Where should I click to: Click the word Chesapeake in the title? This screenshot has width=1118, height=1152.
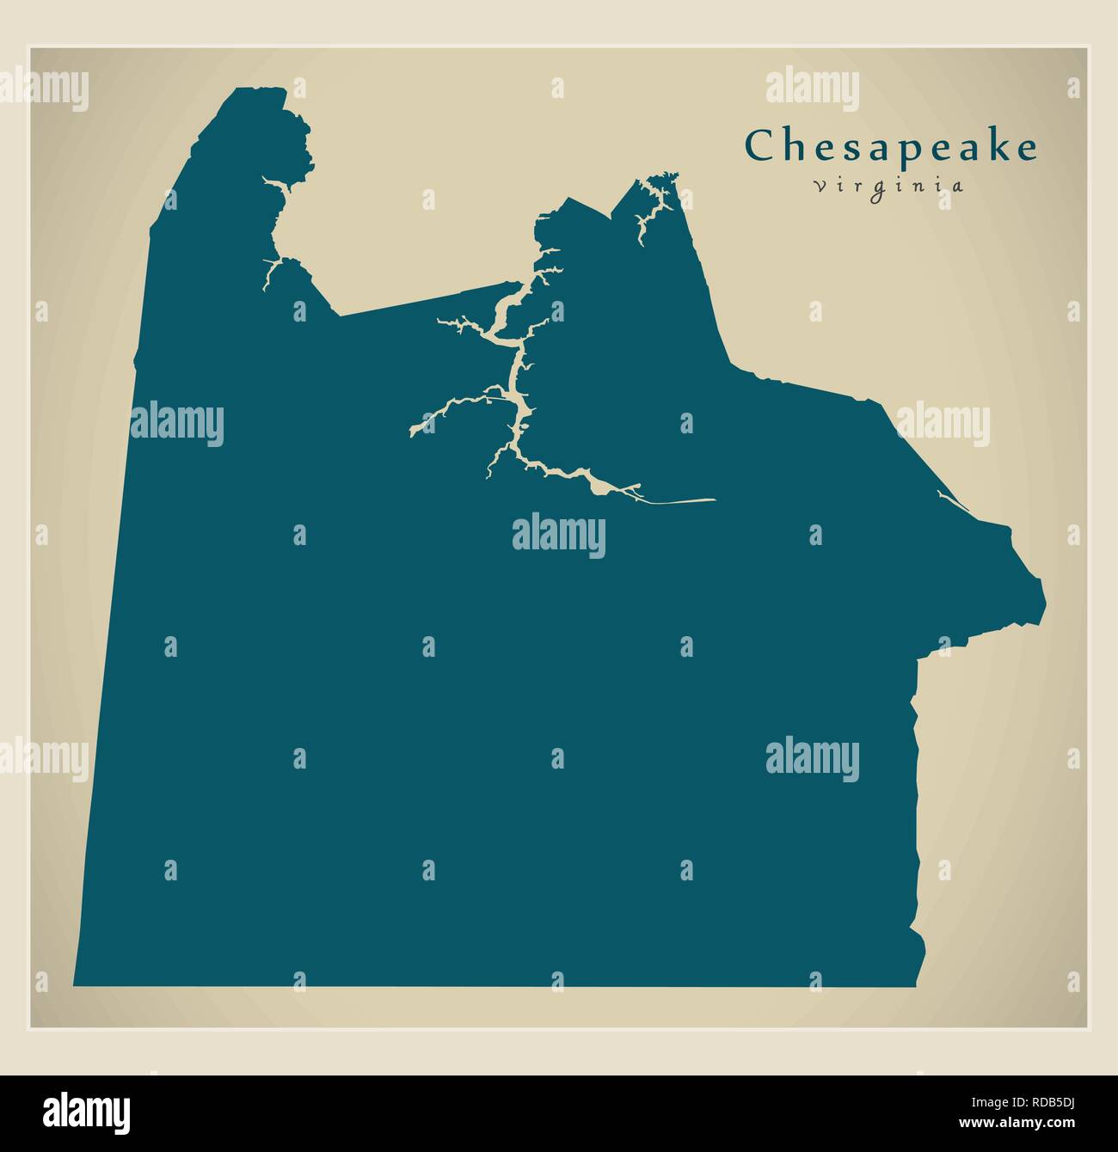click(890, 146)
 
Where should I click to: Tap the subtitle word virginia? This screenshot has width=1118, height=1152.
click(888, 186)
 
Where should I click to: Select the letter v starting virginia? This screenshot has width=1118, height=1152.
click(817, 186)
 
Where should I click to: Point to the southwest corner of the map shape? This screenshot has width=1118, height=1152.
click(75, 984)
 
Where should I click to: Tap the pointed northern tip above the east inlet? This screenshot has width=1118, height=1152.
click(675, 175)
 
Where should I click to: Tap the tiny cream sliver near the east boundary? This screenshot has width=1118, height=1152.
click(944, 497)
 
